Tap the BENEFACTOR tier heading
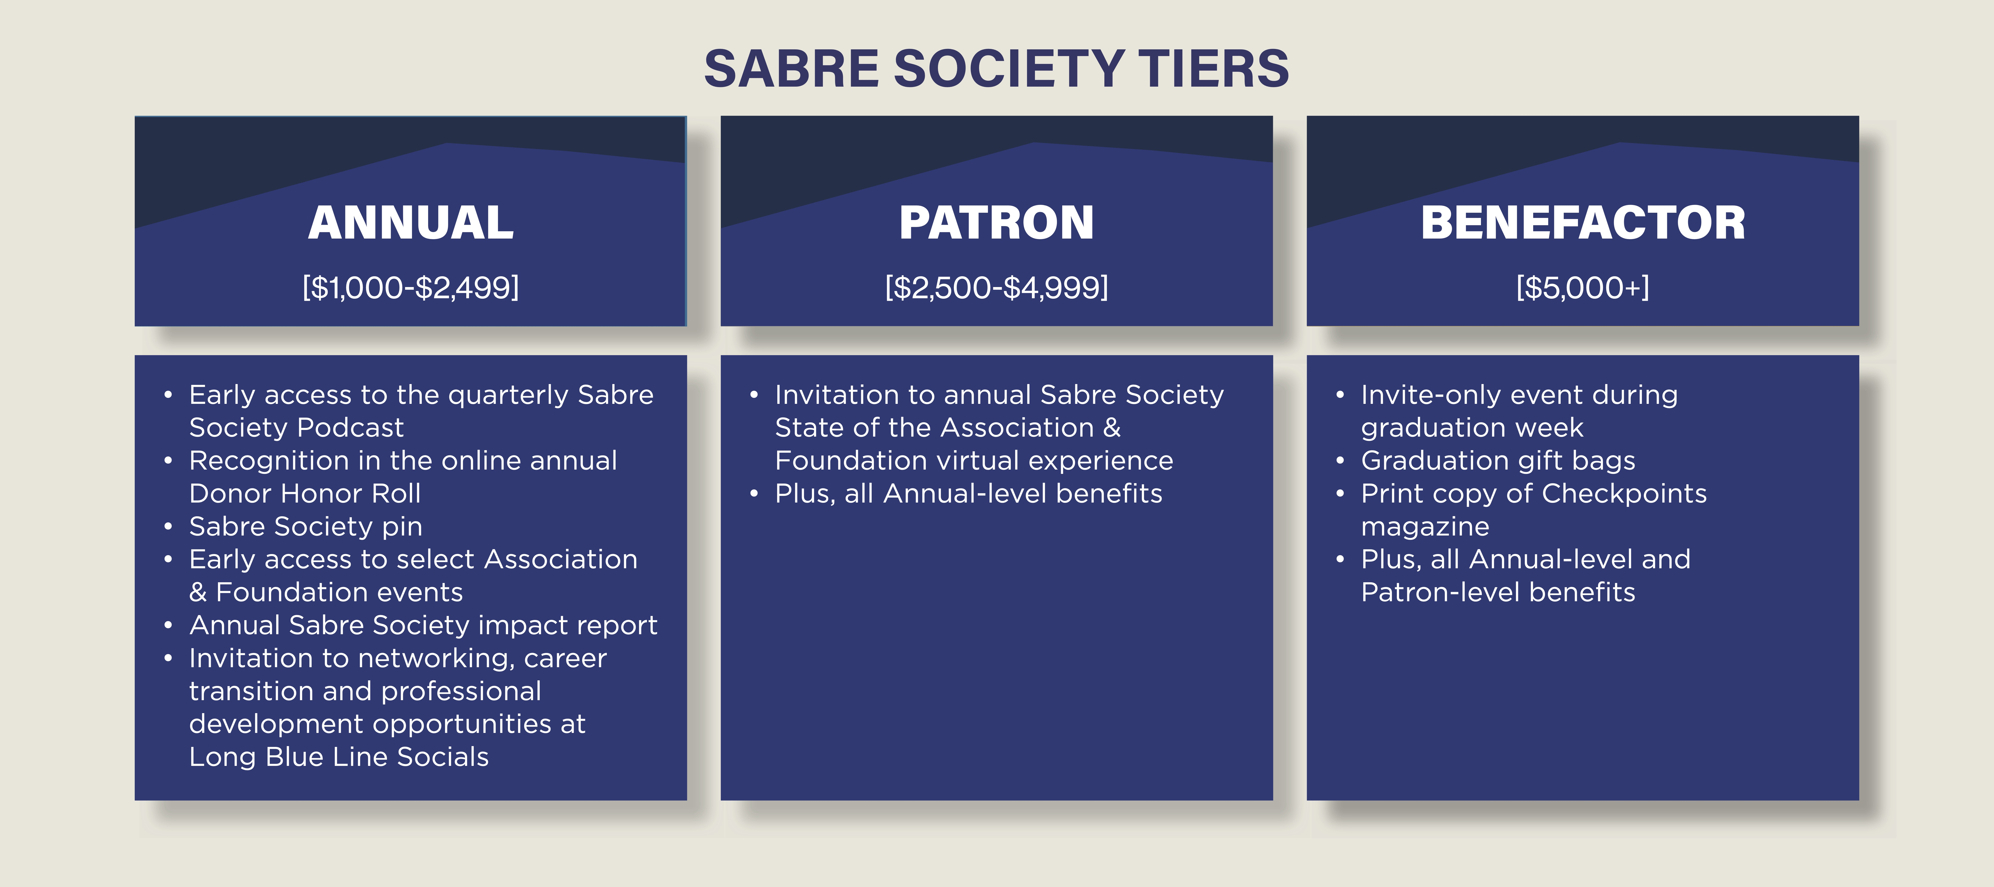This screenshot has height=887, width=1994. (1583, 223)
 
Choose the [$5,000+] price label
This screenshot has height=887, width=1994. (1583, 287)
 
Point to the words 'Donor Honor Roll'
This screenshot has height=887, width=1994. (305, 493)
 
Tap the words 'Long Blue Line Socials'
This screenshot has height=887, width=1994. (339, 756)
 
